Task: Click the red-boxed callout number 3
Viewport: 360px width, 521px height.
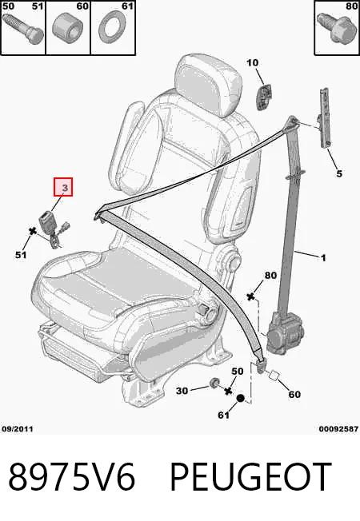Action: pyautogui.click(x=65, y=188)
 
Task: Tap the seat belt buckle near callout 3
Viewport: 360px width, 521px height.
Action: pyautogui.click(x=46, y=221)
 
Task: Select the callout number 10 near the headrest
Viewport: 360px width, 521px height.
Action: pyautogui.click(x=253, y=62)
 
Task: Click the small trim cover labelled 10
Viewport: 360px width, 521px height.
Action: pyautogui.click(x=264, y=96)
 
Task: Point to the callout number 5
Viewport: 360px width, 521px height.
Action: pyautogui.click(x=339, y=173)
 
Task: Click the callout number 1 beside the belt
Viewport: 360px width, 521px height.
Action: pyautogui.click(x=323, y=257)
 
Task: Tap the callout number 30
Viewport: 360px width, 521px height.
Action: pyautogui.click(x=182, y=391)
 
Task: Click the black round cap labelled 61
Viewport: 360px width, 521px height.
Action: pyautogui.click(x=240, y=398)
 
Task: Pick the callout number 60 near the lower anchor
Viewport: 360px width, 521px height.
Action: pyautogui.click(x=294, y=395)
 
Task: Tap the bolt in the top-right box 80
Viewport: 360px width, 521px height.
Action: pyautogui.click(x=334, y=28)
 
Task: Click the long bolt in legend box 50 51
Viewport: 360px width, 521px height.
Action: pyautogui.click(x=22, y=29)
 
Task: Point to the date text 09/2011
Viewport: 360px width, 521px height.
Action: pyautogui.click(x=18, y=429)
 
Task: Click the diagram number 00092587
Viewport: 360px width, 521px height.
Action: pyautogui.click(x=338, y=429)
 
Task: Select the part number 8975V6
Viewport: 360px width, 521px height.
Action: pyautogui.click(x=72, y=476)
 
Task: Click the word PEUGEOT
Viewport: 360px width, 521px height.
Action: pyautogui.click(x=251, y=476)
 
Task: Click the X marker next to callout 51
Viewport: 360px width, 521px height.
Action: pyautogui.click(x=33, y=231)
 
